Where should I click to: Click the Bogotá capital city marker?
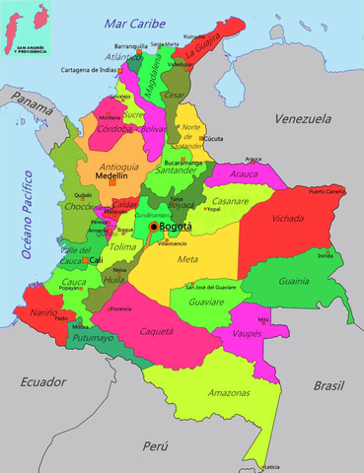(152, 227)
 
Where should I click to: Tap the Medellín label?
(113, 175)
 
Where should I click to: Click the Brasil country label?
(329, 386)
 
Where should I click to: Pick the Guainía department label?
(322, 281)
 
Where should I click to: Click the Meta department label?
(187, 259)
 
